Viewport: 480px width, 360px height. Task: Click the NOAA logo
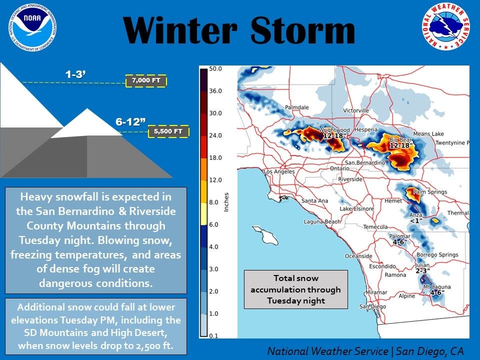(32, 27)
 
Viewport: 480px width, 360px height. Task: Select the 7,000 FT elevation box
(146, 80)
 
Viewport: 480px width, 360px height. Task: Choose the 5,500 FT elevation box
(168, 131)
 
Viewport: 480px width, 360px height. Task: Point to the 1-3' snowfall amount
(75, 74)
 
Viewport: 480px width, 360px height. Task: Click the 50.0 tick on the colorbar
(215, 68)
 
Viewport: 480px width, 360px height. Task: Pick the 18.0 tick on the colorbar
(215, 157)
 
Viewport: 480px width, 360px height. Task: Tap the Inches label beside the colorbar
(226, 201)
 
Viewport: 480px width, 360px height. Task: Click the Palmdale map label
(296, 107)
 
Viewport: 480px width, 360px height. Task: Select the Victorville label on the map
(355, 110)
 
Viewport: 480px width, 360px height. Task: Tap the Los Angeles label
(279, 171)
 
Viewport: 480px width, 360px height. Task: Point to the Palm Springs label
(430, 192)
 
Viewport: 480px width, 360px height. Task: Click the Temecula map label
(375, 227)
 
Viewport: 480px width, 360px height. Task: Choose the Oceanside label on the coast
(358, 256)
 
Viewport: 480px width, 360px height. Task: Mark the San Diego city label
(372, 306)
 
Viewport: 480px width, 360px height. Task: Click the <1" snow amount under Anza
(416, 220)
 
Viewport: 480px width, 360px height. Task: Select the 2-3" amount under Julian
(423, 271)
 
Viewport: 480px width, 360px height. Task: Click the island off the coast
(265, 235)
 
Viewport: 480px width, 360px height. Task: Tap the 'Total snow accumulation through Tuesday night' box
(295, 289)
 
